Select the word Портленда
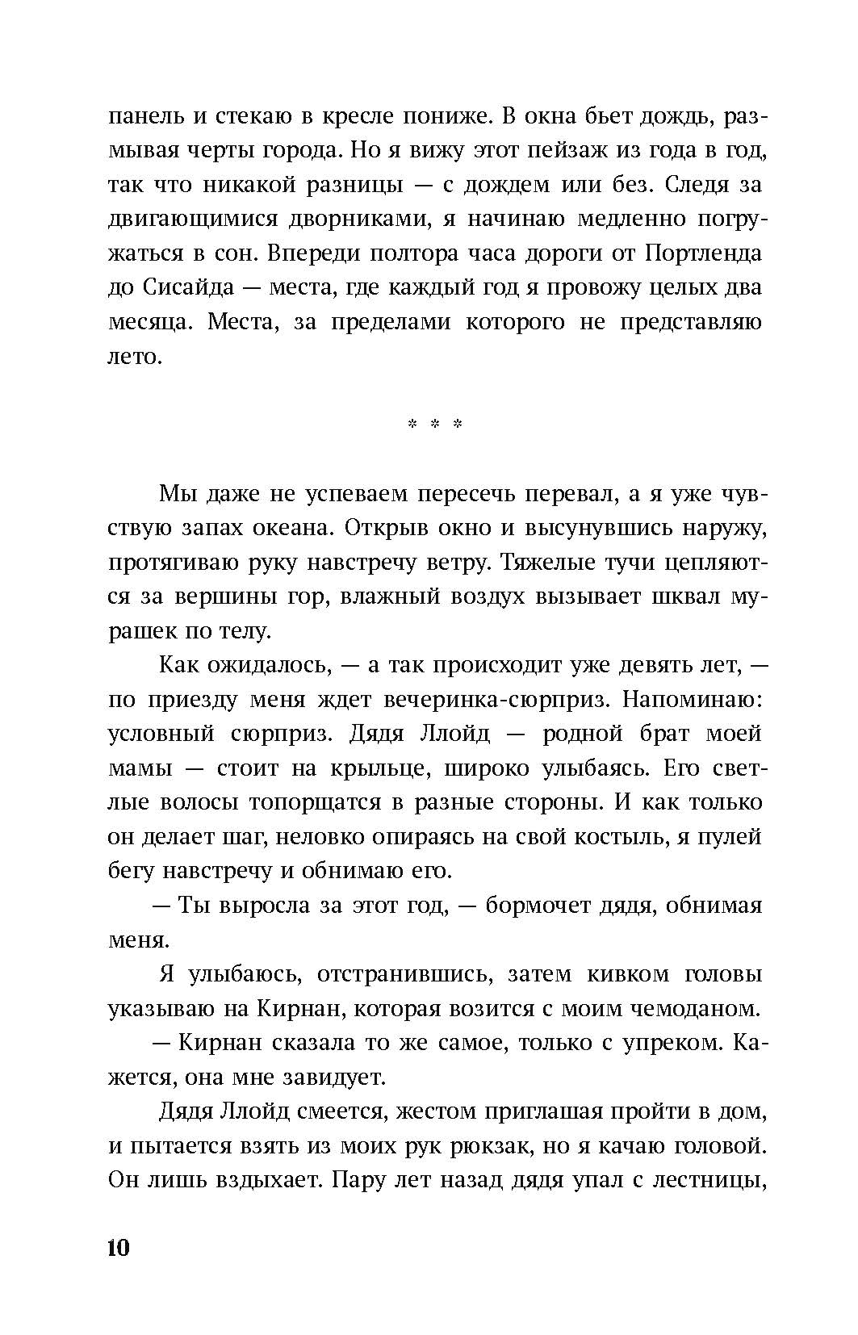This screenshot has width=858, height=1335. pyautogui.click(x=704, y=253)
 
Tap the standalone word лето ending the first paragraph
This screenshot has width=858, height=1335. pyautogui.click(x=136, y=356)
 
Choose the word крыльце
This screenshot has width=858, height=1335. pyautogui.click(x=381, y=768)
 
